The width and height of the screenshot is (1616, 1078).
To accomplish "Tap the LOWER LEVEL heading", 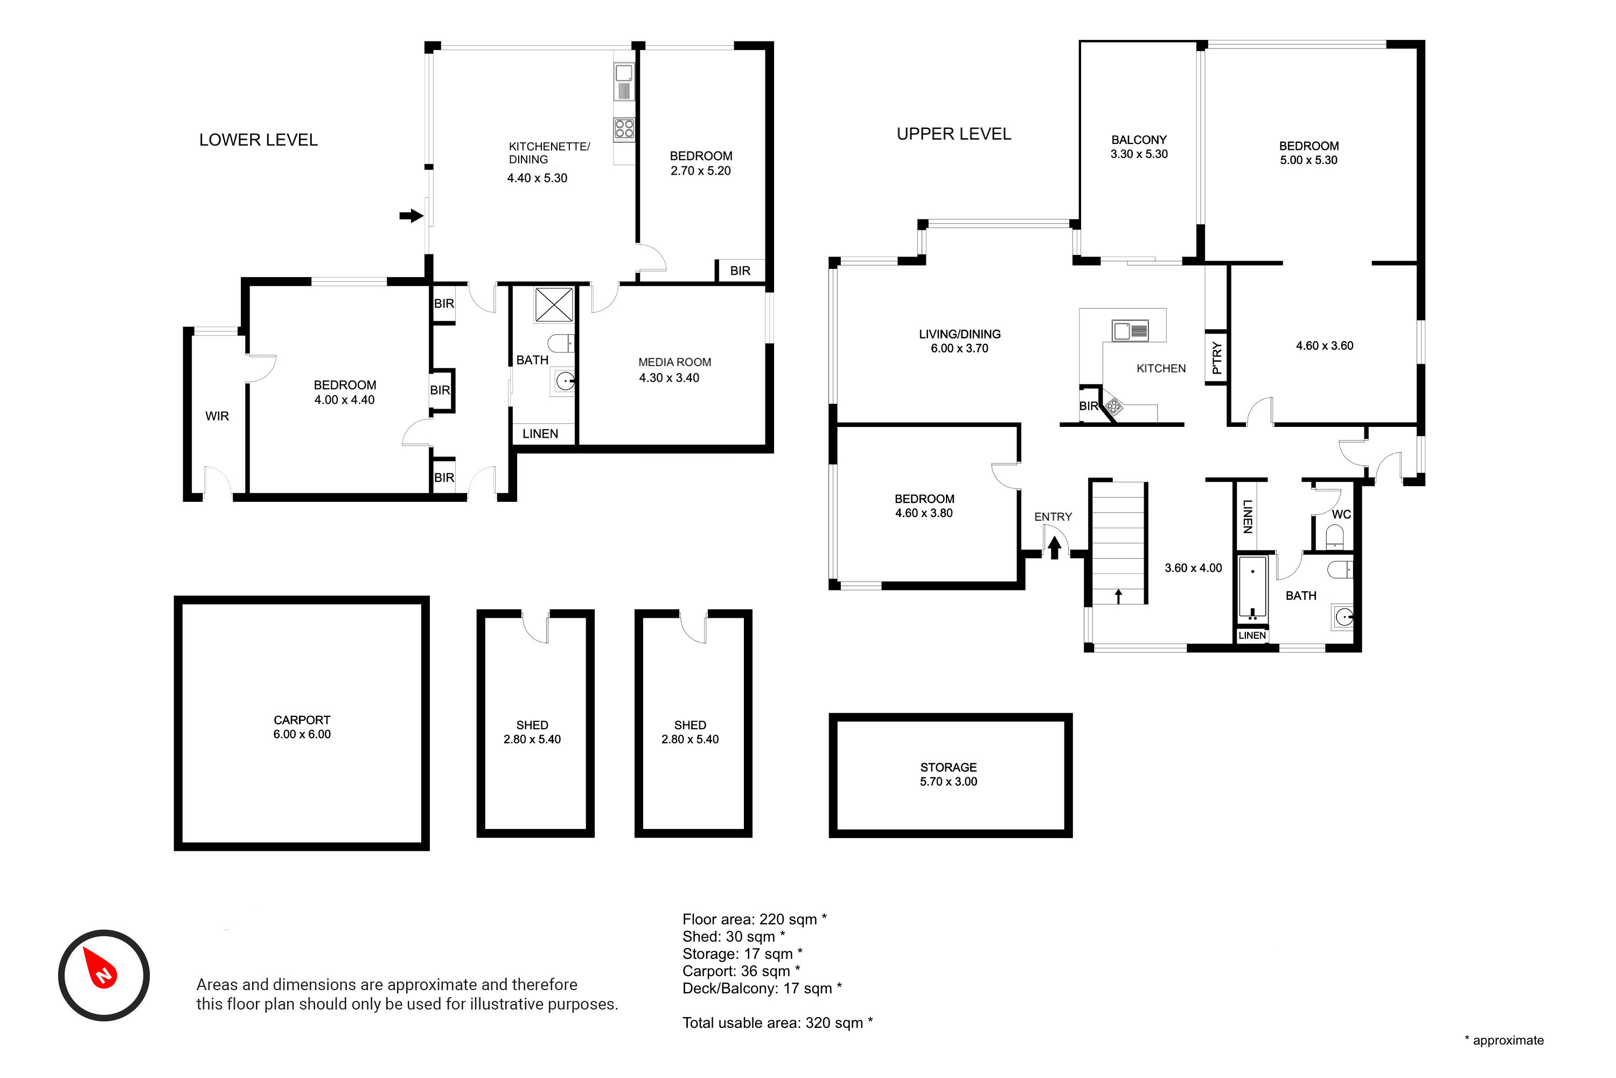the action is pos(259,140).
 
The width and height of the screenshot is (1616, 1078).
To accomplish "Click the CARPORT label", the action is pos(302,720).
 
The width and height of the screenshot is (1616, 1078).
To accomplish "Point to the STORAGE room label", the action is pos(948,766).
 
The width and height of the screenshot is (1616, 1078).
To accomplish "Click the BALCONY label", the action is pos(1139,140).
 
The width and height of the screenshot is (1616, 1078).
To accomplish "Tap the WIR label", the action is pos(217,416).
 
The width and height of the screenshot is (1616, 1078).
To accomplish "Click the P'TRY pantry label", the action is pos(1217,357).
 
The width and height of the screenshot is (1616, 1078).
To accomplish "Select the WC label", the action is pos(1341,514).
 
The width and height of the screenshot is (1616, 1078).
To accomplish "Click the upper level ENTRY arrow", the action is pos(1055,547).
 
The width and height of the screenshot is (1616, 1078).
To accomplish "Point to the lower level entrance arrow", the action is pos(411,216).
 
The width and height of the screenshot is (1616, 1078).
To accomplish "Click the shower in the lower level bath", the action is pos(554,305).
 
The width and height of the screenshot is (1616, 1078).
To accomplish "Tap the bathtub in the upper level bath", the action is pos(1252,589).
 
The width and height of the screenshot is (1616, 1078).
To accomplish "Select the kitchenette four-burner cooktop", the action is pos(624,129).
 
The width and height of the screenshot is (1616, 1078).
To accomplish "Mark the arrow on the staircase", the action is pos(1119,596).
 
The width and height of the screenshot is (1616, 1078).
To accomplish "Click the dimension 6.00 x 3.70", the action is pos(959,349).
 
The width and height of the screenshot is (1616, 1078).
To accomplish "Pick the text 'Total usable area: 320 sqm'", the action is pos(778,1022).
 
